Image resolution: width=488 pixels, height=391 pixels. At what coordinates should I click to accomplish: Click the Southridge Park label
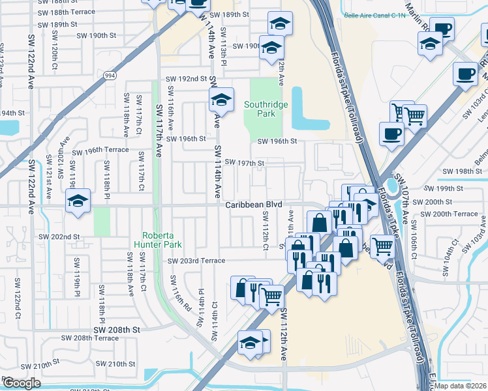[x=264, y=108]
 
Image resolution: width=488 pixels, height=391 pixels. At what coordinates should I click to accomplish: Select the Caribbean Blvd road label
[x=254, y=204]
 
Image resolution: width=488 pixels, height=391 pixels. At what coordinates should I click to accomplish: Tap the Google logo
[x=21, y=383]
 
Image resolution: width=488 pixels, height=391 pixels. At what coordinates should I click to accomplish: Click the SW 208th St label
[x=116, y=330]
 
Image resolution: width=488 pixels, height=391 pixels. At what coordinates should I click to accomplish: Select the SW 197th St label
[x=244, y=163]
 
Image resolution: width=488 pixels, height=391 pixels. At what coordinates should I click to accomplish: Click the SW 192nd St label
[x=186, y=78]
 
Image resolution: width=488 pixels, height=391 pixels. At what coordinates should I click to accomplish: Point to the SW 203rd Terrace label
[x=196, y=261]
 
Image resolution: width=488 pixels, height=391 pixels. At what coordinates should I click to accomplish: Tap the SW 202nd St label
[x=59, y=237]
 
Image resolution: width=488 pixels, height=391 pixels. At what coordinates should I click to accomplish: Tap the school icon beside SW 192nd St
[x=221, y=99]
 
